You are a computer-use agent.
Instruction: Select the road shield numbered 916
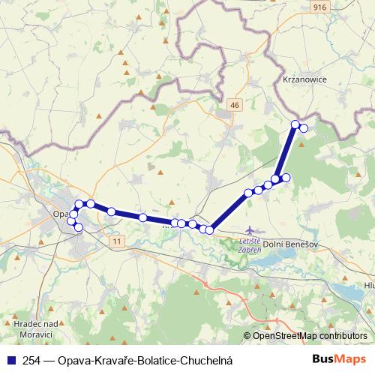click(320, 7)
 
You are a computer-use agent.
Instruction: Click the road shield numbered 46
click(235, 105)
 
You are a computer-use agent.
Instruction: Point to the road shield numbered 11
click(116, 241)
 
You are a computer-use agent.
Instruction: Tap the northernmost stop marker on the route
click(295, 124)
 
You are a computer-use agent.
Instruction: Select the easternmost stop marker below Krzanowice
click(304, 128)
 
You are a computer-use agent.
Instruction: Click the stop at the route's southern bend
click(209, 229)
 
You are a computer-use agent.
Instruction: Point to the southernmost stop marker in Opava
click(78, 226)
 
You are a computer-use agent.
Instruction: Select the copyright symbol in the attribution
click(247, 337)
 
